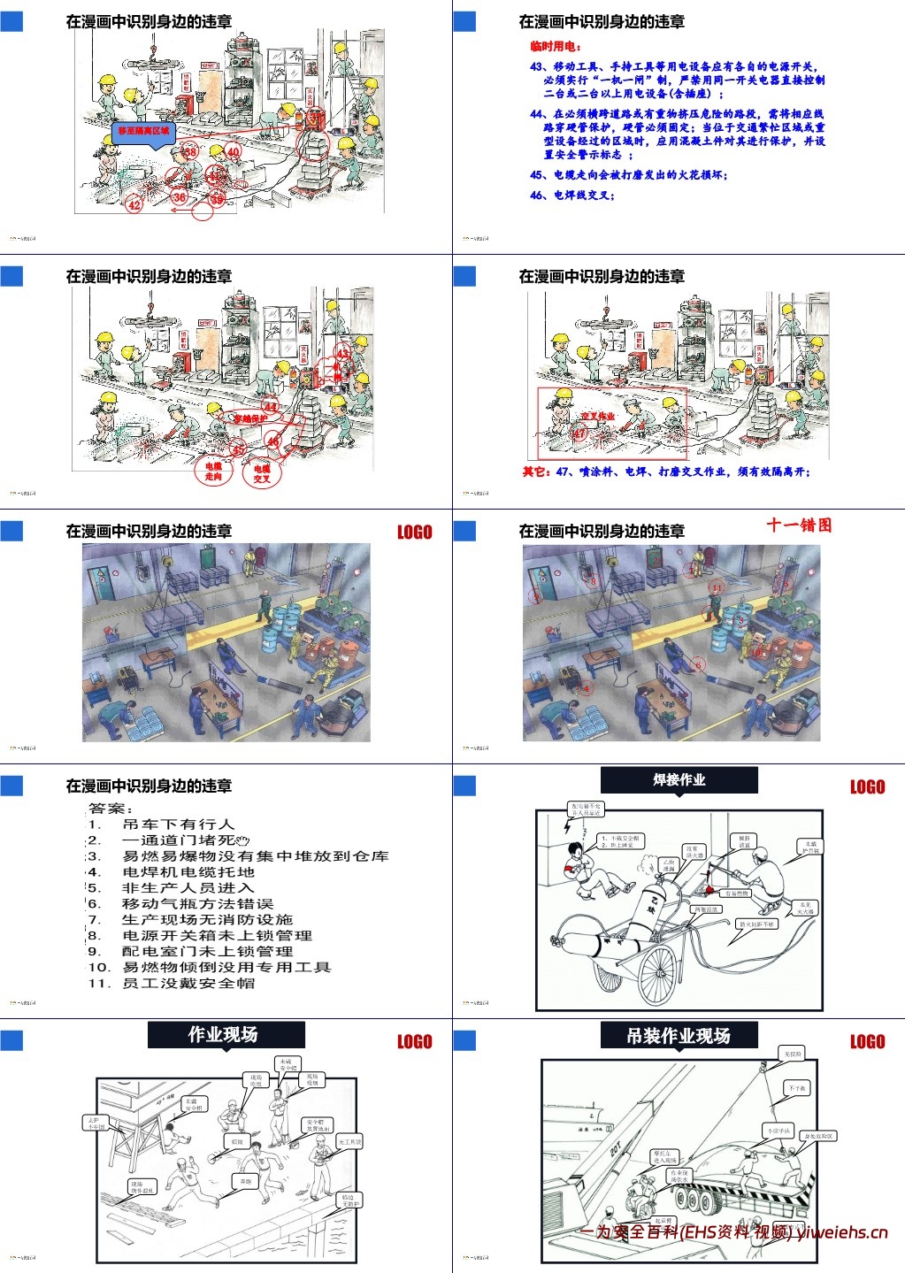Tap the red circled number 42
[134, 205]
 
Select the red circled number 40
[234, 152]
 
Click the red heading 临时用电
[556, 46]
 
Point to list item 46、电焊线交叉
[571, 195]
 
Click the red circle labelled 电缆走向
[213, 471]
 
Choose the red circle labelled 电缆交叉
[262, 473]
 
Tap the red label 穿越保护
[249, 418]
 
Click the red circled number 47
[579, 434]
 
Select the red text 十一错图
[799, 525]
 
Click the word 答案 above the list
[111, 809]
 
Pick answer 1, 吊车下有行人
[177, 824]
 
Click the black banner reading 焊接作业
[679, 780]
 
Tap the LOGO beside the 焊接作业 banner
[867, 787]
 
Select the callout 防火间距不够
[756, 924]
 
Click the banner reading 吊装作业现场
[679, 1036]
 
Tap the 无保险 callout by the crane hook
[792, 1054]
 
